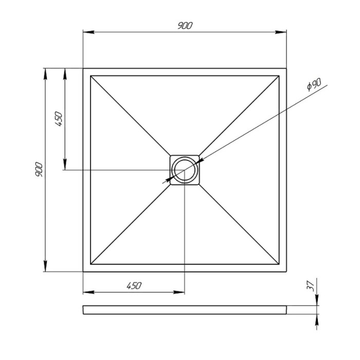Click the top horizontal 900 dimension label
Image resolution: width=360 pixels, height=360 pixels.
click(x=185, y=26)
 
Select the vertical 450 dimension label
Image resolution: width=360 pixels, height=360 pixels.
click(x=58, y=119)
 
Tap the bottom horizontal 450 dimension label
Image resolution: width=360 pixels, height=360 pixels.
click(x=133, y=285)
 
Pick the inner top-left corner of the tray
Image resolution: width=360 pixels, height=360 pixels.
click(x=91, y=76)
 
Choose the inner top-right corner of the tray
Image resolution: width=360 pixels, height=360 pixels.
click(x=279, y=76)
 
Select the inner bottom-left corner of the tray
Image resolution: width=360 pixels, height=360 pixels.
click(x=91, y=264)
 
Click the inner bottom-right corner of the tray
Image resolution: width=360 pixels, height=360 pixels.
click(x=279, y=264)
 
